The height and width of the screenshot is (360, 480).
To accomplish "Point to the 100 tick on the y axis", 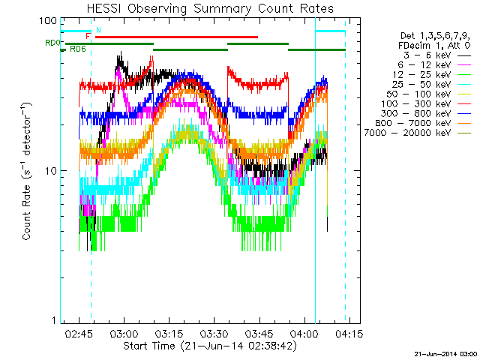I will (x=48, y=20).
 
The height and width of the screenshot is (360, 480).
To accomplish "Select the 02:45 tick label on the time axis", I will (x=79, y=332).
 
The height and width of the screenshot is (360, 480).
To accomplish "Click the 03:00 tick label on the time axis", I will (x=124, y=332).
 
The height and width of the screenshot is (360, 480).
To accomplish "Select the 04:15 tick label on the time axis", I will (x=349, y=332).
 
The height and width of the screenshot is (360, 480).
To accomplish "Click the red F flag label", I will (x=88, y=36).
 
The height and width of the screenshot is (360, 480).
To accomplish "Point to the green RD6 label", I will (x=77, y=49).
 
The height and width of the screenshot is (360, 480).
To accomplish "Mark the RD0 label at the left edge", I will (x=52, y=43).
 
